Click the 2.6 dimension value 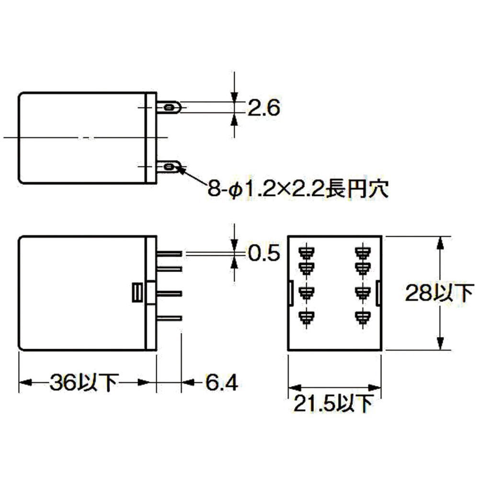point(263,108)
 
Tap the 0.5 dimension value point(263,253)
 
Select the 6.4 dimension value point(221,382)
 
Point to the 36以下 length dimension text point(84,382)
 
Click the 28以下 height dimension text point(440,293)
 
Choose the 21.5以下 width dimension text point(333,403)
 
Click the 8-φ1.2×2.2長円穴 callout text point(298,188)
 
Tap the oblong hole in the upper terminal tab point(169,107)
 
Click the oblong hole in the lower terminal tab point(169,167)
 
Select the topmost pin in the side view point(169,253)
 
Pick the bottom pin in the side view point(169,319)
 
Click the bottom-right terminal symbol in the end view point(363,318)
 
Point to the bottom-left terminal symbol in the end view point(307,318)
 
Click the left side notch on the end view point(291,293)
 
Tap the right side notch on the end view point(378,293)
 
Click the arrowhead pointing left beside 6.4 point(188,382)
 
